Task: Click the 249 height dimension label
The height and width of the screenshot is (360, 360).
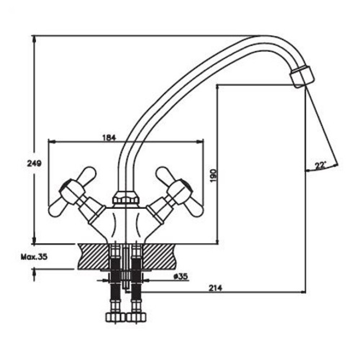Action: [x=34, y=164]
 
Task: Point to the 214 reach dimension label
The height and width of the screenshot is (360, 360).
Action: [x=216, y=288]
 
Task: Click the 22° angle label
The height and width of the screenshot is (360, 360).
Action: [x=320, y=165]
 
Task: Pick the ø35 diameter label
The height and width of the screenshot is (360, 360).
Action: [x=181, y=276]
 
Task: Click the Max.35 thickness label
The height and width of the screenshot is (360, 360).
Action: [x=34, y=257]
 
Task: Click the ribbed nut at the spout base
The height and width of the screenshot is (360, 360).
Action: [x=126, y=197]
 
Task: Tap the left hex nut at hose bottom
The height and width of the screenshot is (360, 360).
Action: [x=115, y=317]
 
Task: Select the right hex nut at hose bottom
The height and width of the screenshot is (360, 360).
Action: [x=136, y=317]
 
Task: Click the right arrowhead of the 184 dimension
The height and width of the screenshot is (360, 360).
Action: [x=200, y=142]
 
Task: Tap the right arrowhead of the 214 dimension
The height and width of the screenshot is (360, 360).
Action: [x=303, y=292]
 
